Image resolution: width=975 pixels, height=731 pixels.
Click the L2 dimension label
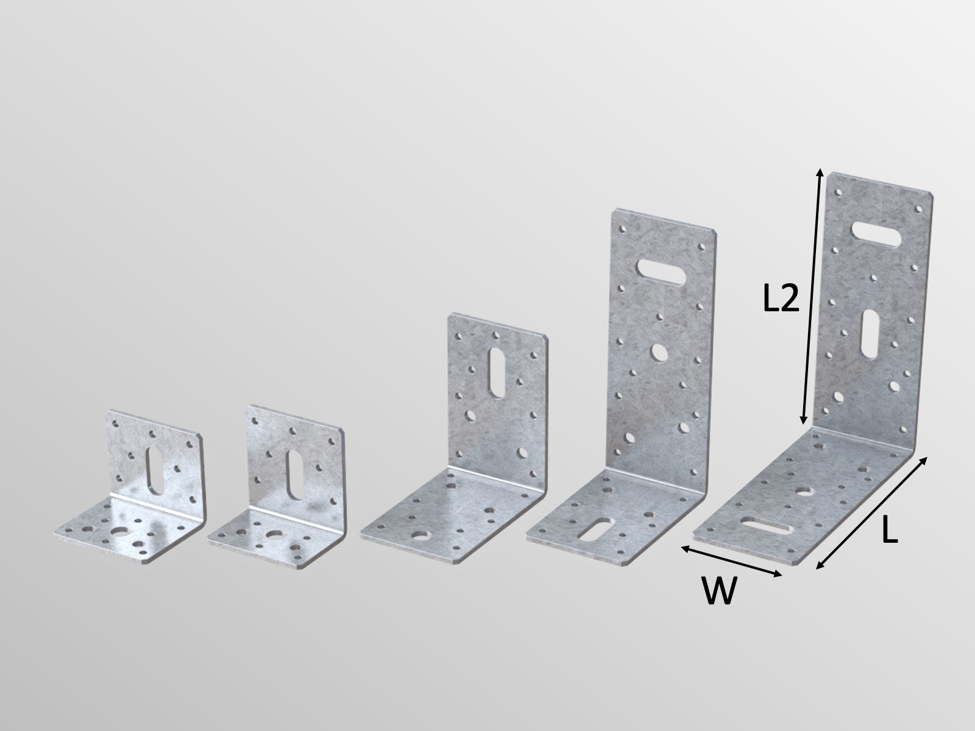[x=781, y=299]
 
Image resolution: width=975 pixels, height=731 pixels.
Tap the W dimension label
[x=719, y=590]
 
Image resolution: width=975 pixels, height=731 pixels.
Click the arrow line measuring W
[x=731, y=561]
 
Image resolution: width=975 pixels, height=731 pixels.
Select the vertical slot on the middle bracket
[x=497, y=373]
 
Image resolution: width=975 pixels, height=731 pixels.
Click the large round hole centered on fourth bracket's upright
[x=659, y=351]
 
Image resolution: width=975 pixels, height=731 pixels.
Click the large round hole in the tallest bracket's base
[x=806, y=490]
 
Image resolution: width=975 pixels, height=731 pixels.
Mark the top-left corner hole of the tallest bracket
[x=839, y=193]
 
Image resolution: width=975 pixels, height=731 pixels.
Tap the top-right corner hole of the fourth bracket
[x=702, y=248]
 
